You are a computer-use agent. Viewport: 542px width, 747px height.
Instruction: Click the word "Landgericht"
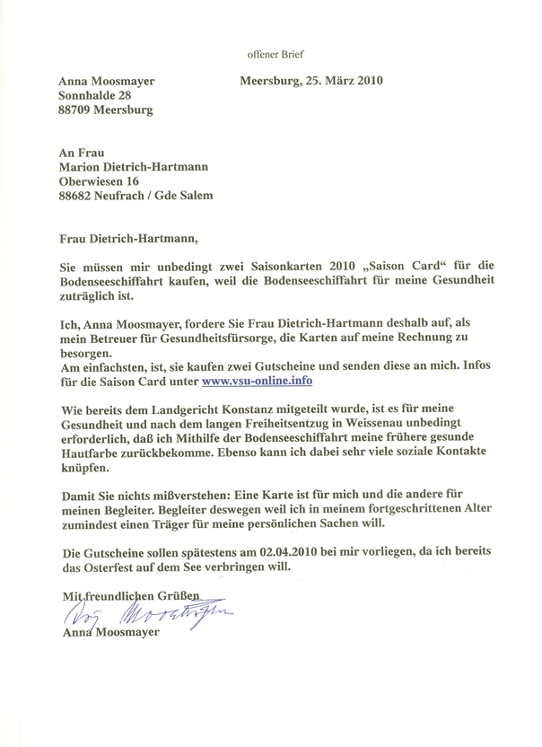click(x=179, y=410)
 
